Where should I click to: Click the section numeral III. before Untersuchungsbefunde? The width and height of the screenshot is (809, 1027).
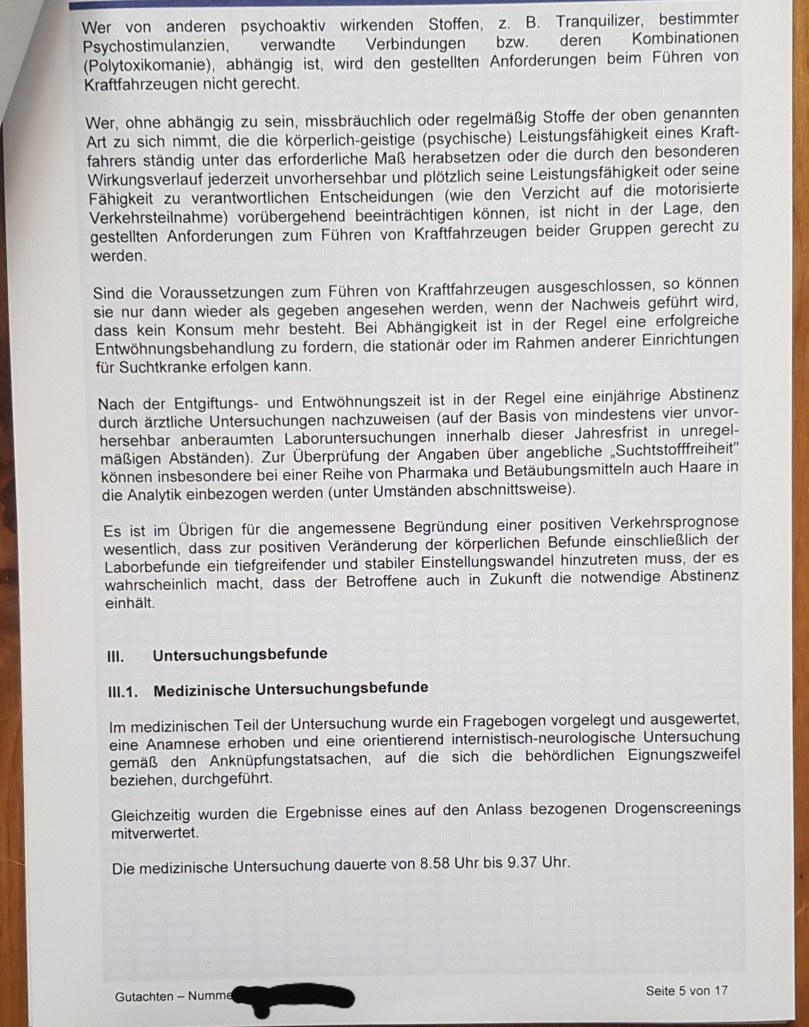[x=115, y=657]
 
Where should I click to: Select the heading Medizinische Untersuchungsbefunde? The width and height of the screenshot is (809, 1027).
[x=291, y=689]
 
